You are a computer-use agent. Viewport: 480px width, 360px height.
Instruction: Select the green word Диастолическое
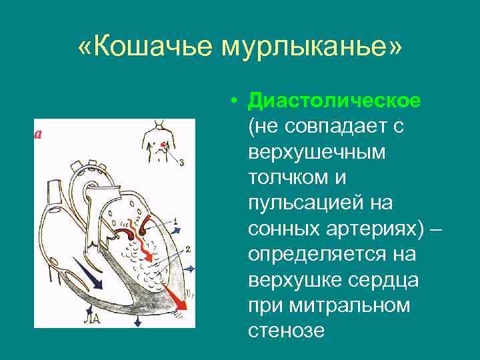[334, 101]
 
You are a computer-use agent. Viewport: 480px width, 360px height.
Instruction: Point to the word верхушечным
[317, 151]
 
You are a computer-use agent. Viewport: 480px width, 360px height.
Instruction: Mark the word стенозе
[286, 330]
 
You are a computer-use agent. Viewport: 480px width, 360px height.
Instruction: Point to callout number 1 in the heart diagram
[175, 220]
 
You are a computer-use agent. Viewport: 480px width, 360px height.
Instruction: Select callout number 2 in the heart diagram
[189, 249]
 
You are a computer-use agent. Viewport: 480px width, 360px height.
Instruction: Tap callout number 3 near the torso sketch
[182, 161]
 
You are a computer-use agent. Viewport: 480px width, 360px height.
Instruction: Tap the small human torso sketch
[158, 141]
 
